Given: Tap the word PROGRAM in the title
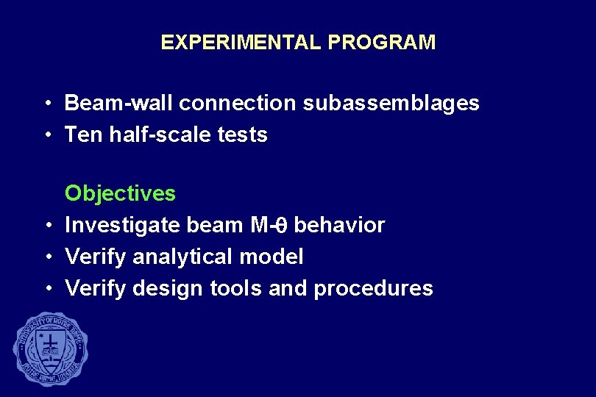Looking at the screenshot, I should tap(382, 43).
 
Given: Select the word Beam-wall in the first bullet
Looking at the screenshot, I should tap(118, 103).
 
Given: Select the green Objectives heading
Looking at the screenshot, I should tap(120, 194).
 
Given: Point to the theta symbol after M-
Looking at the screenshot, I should tap(281, 225).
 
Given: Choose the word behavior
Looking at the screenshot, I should tap(339, 225).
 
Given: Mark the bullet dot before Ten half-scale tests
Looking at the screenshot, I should tap(46, 135).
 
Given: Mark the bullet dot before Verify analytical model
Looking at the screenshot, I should tap(46, 257).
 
